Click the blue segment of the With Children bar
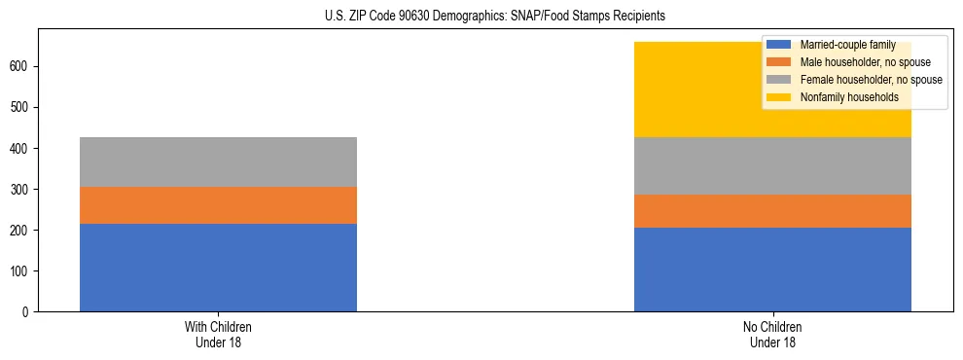click(x=218, y=268)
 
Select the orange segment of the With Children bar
click(x=218, y=205)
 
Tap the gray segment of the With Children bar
click(x=218, y=162)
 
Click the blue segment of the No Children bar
click(x=772, y=270)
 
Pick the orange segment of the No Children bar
click(x=772, y=211)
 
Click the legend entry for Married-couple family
click(x=842, y=45)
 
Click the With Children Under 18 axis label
click(x=218, y=335)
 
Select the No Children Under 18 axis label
click(x=772, y=335)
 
